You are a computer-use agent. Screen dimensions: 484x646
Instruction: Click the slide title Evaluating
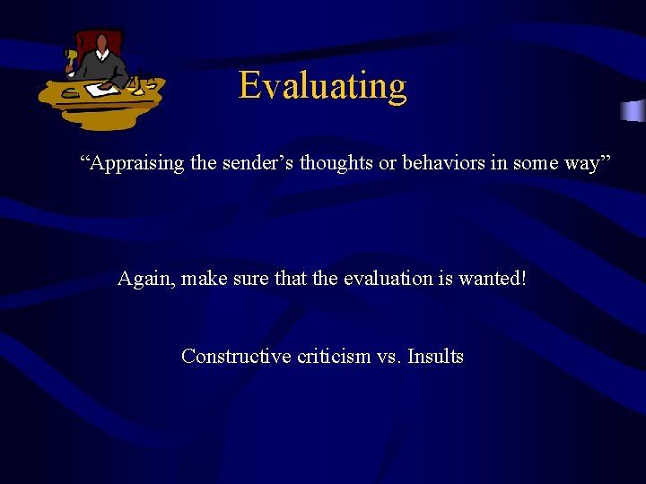click(x=322, y=86)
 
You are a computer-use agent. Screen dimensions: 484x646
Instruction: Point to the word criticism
click(x=334, y=356)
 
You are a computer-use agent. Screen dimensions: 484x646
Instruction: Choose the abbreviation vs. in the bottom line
click(x=388, y=356)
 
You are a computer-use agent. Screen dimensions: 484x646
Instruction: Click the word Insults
click(x=435, y=356)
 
